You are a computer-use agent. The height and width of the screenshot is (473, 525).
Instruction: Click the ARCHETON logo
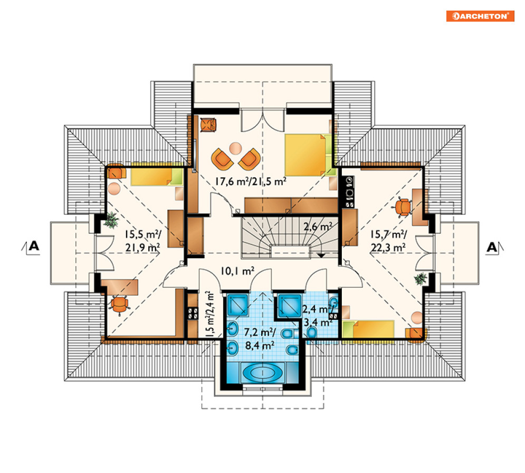480,16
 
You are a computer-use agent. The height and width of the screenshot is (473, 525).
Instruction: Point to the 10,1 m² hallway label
237,271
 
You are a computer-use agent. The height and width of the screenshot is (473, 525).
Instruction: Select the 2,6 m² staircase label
318,227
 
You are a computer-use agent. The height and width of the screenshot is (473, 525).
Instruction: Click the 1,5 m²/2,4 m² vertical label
209,314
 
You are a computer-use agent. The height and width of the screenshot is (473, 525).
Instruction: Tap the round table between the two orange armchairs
235,148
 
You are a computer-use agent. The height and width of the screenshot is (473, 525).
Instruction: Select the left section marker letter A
34,246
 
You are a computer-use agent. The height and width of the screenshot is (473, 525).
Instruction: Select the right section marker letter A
492,247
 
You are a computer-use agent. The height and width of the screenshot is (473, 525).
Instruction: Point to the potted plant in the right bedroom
421,279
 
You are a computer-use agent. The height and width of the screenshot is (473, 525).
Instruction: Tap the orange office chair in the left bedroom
119,305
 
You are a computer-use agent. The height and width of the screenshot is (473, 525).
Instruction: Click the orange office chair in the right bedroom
404,207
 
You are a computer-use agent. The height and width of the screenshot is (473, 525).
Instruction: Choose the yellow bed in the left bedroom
157,176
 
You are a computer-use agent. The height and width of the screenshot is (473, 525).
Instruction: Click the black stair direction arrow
321,256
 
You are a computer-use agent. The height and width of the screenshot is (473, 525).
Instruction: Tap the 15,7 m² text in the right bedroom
388,234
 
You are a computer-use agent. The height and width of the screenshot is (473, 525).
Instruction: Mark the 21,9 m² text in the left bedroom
142,247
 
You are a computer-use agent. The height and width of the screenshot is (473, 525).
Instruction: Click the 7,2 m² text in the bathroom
260,332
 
